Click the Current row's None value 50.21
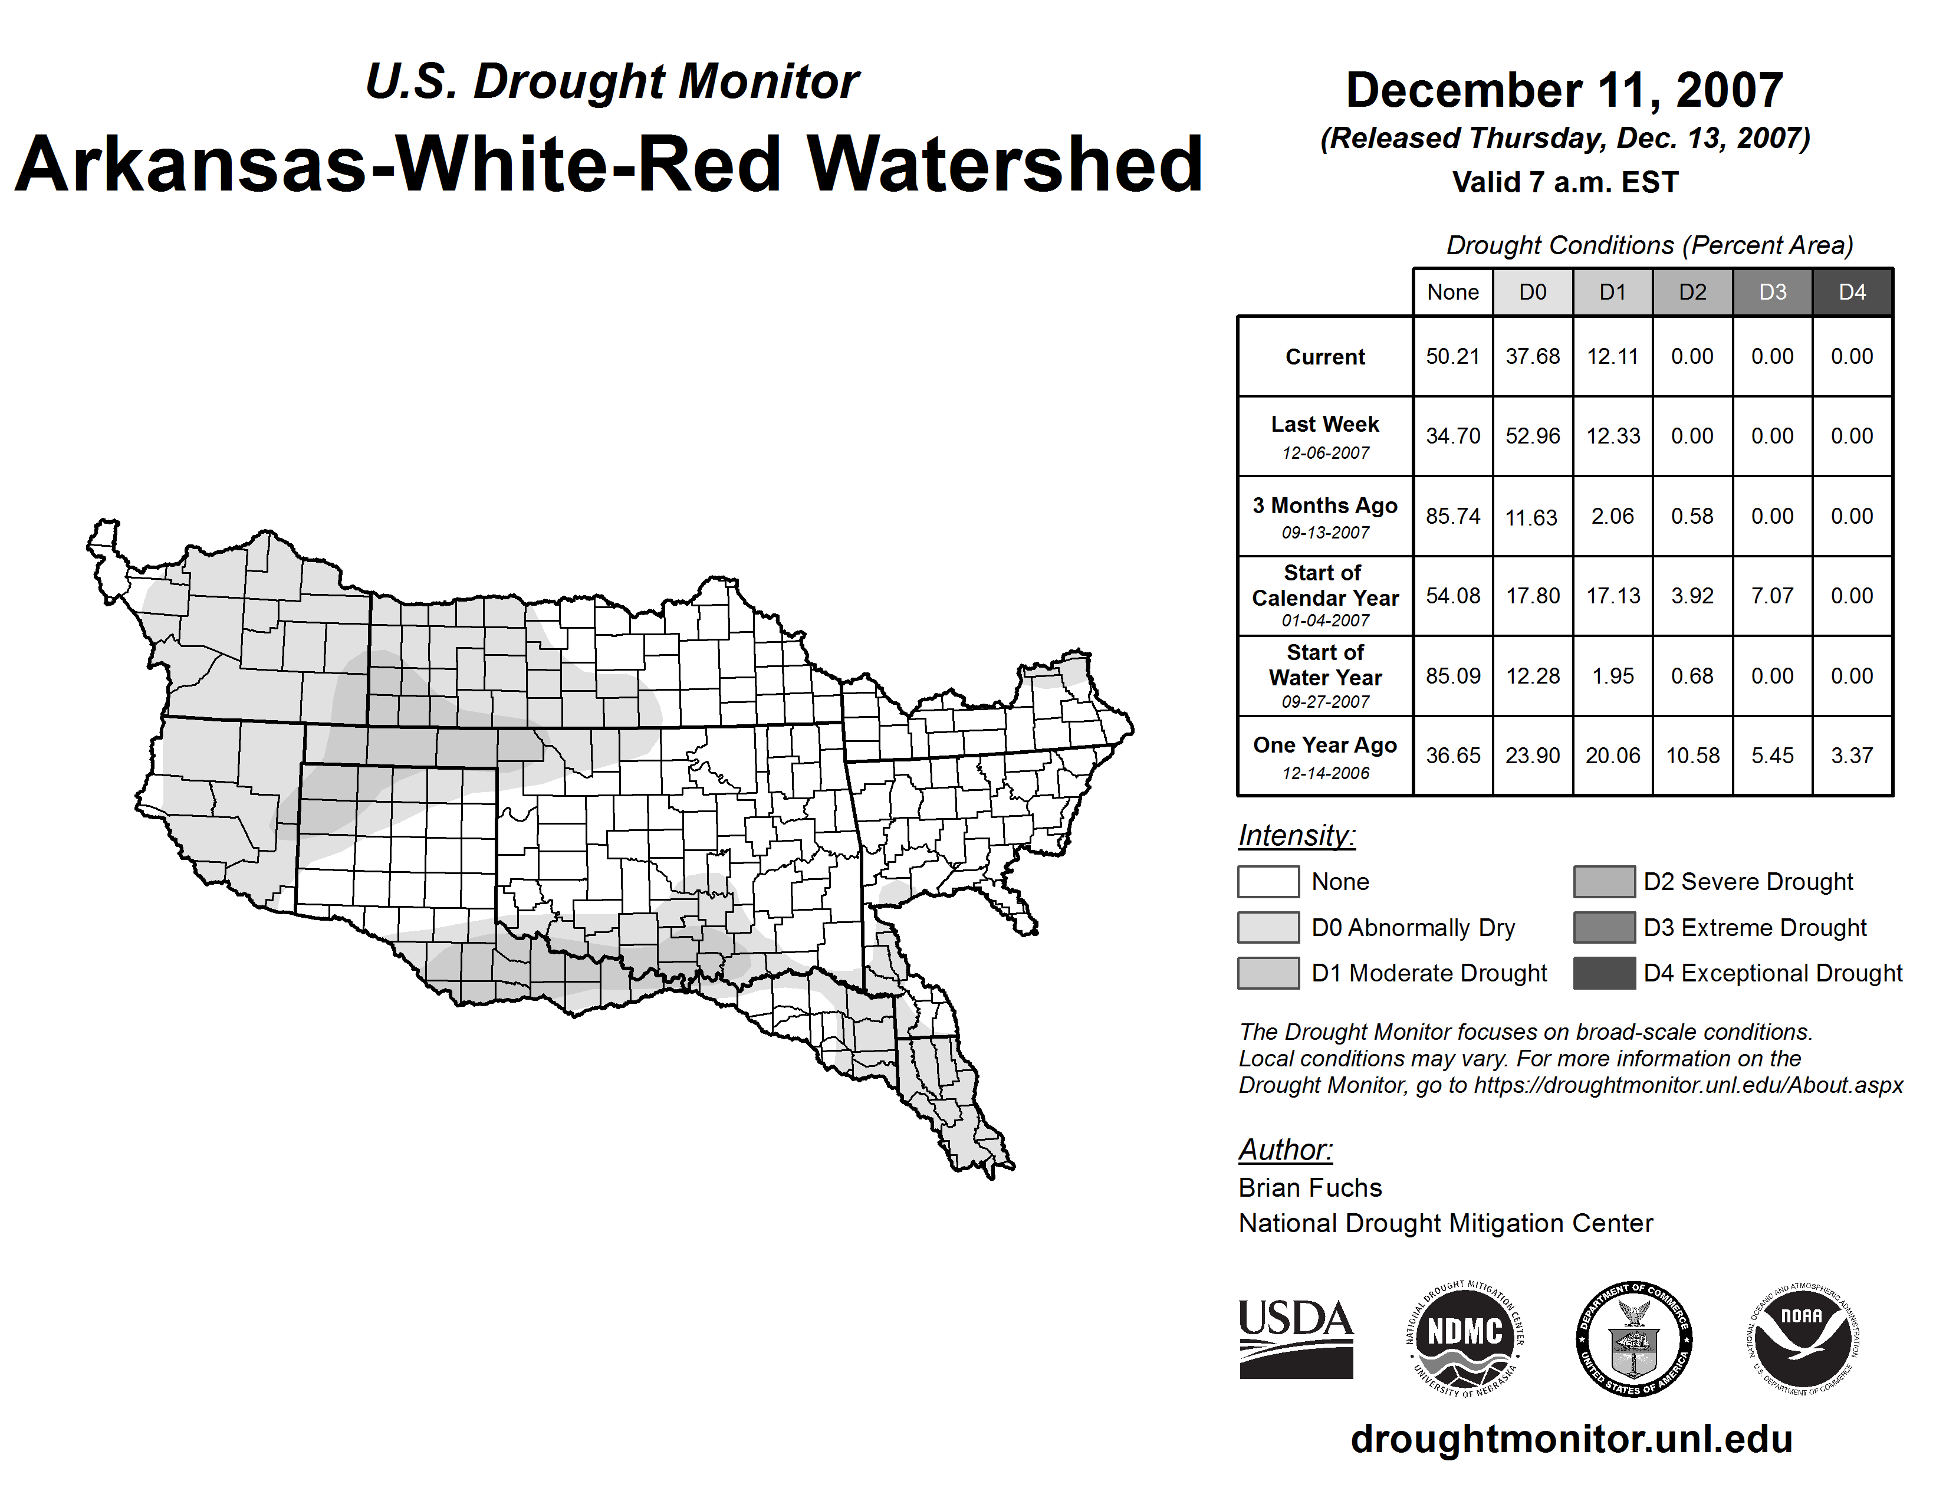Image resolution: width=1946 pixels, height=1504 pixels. (1452, 356)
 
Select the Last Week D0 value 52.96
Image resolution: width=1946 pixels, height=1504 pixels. (1533, 436)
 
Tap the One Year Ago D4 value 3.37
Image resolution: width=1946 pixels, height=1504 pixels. (1852, 756)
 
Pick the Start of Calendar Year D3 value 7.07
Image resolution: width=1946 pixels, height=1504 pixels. (1772, 595)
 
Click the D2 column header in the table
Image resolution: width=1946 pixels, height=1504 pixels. (1692, 292)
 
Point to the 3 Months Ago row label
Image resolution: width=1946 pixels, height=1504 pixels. (1325, 506)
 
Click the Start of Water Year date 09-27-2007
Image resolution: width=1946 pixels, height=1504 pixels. (1325, 702)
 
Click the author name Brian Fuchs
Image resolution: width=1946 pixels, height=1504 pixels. (1310, 1188)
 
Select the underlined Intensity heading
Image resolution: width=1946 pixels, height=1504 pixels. (1296, 836)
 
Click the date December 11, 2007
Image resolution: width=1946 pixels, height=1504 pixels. (1564, 91)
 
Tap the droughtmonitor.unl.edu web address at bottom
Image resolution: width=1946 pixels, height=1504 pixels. (1572, 1440)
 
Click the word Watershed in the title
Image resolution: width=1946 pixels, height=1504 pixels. (1004, 165)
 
